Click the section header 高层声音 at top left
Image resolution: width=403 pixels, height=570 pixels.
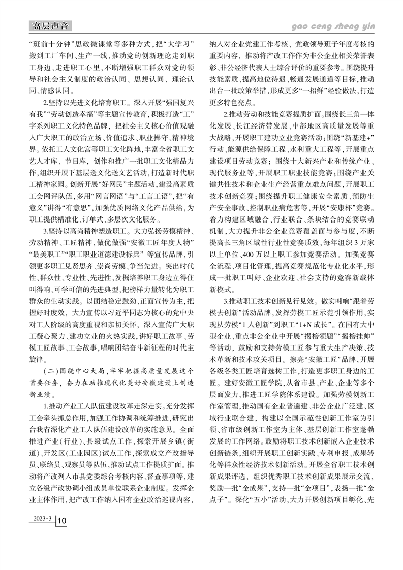pyautogui.click(x=49, y=26)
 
